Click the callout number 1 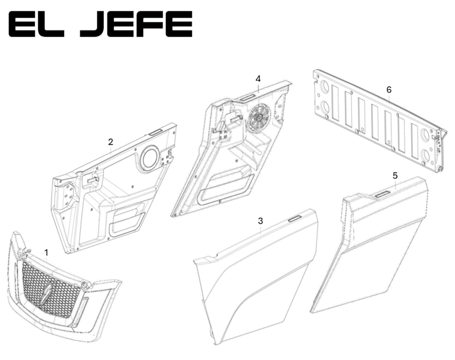tap(46, 253)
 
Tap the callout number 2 tap(111, 142)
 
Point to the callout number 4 tap(258, 78)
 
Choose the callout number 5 tap(395, 175)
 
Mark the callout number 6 tap(389, 90)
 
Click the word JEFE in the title tap(136, 25)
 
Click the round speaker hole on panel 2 tap(150, 159)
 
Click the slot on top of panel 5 tap(382, 193)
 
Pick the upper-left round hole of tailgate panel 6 tap(325, 87)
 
